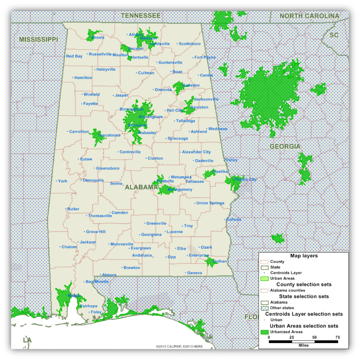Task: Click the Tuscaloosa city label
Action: point(109,135)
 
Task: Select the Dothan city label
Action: point(220,261)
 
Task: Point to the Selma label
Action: point(116,183)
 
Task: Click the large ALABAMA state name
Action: point(141,187)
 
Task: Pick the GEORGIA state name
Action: point(285,146)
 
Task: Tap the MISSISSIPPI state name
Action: point(38,39)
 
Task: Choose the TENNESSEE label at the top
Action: point(141,16)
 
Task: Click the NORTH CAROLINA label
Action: point(309,16)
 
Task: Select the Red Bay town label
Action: point(74,56)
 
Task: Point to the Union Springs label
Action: point(210,203)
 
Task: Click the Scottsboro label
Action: point(190,44)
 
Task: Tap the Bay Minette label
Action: point(97,281)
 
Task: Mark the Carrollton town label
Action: point(79,132)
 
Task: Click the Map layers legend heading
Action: point(304,256)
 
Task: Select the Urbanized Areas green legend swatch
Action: point(264,332)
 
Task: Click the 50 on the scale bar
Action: point(314,337)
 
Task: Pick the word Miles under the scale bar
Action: point(303,345)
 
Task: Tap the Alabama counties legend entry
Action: point(288,290)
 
